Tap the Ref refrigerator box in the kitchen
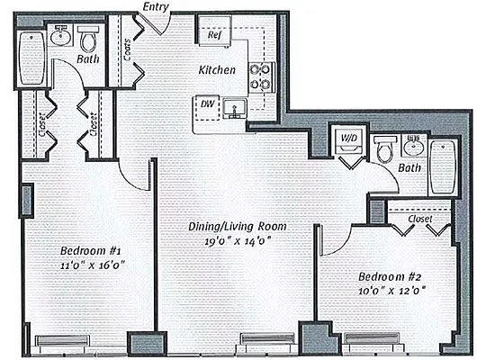click(x=215, y=38)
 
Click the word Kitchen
click(x=218, y=69)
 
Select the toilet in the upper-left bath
click(x=88, y=40)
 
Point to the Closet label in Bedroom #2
click(x=418, y=218)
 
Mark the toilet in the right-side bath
click(x=384, y=149)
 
